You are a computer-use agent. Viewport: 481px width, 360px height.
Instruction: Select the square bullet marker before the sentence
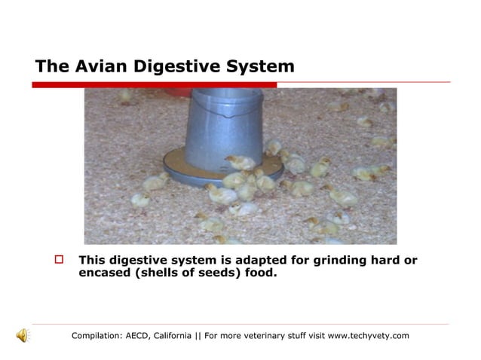tap(61, 261)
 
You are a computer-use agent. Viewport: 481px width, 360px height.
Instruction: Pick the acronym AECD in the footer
tap(136, 336)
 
